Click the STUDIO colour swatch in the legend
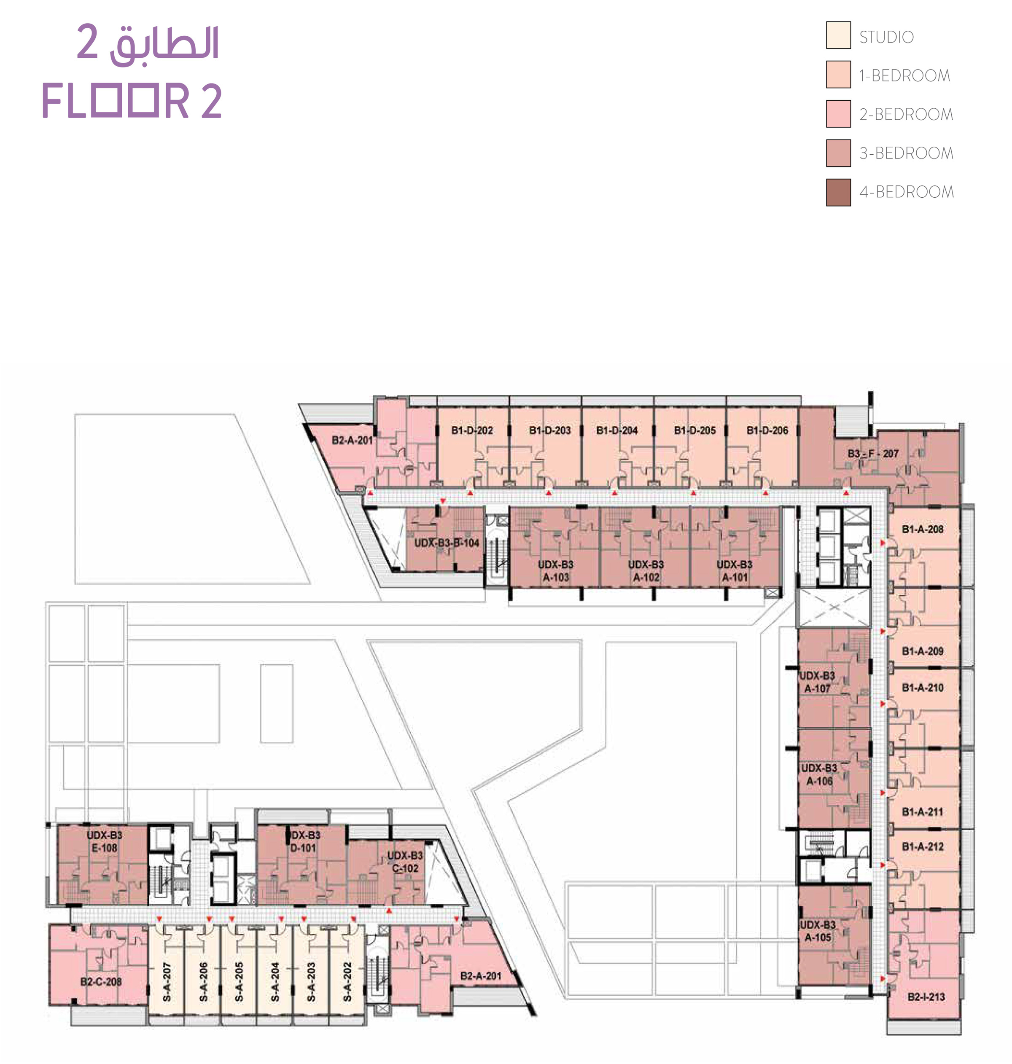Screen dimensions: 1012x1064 tap(838, 35)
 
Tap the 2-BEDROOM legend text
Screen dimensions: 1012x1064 tap(906, 114)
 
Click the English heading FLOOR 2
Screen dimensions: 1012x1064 tap(132, 101)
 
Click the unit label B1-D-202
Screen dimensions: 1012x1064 tap(472, 430)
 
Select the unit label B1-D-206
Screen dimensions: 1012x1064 tap(767, 430)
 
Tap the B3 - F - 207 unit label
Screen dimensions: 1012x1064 tap(873, 454)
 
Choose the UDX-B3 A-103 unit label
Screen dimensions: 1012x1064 tap(556, 570)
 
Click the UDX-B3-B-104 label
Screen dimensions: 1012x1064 tap(447, 543)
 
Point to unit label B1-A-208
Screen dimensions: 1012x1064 tap(923, 529)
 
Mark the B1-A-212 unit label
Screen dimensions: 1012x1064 tap(923, 846)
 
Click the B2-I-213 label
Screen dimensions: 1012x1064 tap(926, 997)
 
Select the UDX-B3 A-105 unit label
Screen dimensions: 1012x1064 tap(818, 931)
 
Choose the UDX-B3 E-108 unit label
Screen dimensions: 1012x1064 tap(105, 841)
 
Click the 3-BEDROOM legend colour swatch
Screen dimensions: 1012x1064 tap(838, 153)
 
